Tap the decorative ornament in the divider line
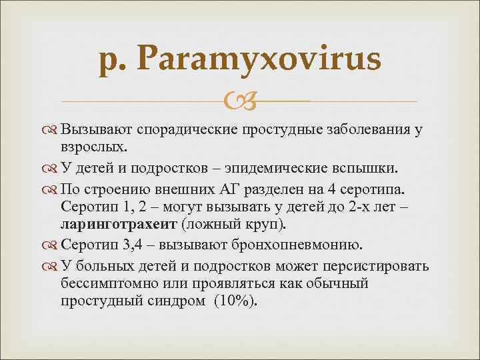239,101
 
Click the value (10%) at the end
235,301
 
